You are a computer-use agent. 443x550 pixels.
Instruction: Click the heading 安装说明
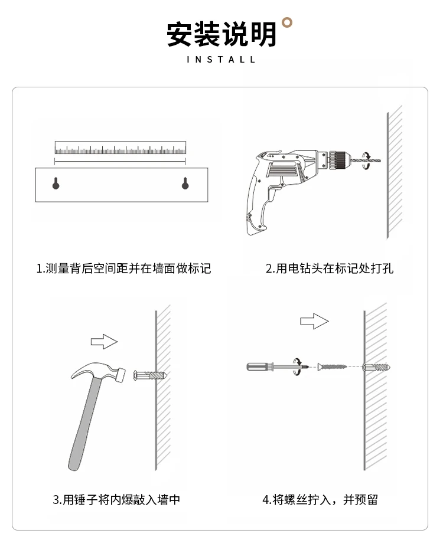221,34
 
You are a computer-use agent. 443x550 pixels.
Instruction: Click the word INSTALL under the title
221,60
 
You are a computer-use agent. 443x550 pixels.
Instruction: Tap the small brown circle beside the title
288,22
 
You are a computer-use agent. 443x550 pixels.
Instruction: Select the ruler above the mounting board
120,148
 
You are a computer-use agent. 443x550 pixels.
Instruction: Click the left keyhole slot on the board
56,184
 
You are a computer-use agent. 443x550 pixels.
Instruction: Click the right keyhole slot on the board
185,184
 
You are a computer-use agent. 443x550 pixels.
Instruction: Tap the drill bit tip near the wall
379,161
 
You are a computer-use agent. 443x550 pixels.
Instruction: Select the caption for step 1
123,269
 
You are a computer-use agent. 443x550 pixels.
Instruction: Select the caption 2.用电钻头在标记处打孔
329,269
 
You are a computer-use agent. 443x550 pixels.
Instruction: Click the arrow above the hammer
105,341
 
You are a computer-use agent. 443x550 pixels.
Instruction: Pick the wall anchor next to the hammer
150,375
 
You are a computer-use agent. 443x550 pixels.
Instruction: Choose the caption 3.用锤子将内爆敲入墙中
116,499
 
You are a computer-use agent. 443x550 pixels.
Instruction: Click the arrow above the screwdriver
314,321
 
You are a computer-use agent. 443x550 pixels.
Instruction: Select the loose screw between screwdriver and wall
332,367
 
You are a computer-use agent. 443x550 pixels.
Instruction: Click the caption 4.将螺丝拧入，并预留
320,499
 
